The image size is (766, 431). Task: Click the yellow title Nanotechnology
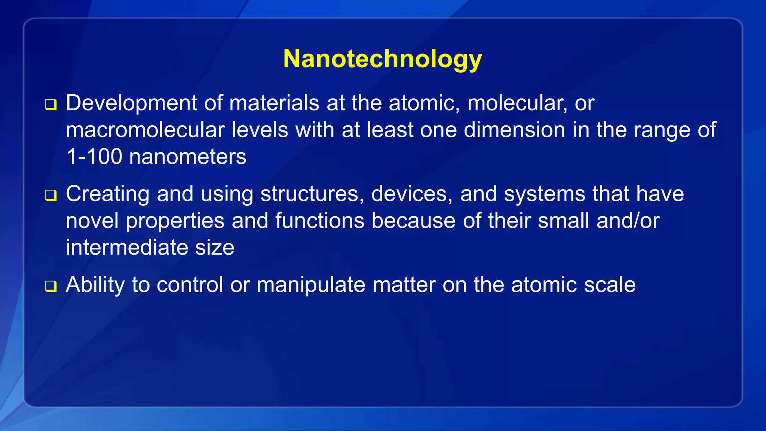click(382, 59)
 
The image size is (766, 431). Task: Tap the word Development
click(131, 103)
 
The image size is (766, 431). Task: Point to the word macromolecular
click(145, 130)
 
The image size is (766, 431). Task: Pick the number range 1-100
click(94, 156)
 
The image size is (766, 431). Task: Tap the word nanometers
click(187, 156)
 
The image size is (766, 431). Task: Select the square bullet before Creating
click(51, 195)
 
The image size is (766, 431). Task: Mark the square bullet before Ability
click(51, 286)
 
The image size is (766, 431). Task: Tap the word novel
click(92, 221)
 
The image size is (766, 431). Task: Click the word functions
click(320, 221)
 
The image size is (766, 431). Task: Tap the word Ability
click(95, 285)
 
